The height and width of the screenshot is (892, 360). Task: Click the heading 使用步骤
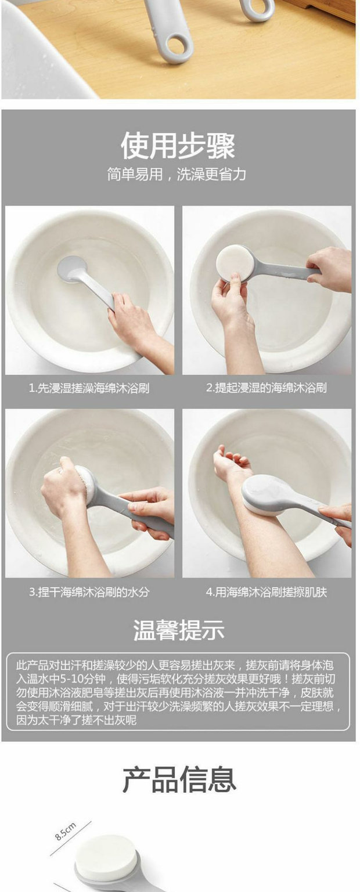pos(178,146)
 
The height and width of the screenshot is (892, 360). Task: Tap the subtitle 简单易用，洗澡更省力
pos(177,175)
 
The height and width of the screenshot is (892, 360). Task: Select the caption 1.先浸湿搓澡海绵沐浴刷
pos(89,388)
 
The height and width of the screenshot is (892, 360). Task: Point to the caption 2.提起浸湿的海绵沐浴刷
pos(267,388)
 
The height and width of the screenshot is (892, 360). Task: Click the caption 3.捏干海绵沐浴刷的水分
pos(89,592)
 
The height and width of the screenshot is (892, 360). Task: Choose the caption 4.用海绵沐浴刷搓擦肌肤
pos(267,592)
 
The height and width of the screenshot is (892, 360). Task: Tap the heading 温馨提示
pos(179,630)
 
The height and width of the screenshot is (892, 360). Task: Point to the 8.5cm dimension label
pos(66,831)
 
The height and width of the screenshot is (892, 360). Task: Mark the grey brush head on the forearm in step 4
pos(269,494)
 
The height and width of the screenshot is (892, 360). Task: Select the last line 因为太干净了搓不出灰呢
pos(76,720)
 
